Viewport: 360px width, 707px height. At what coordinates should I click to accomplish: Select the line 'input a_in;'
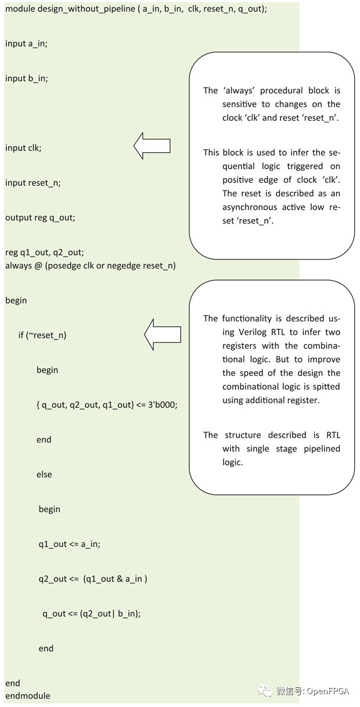tap(26, 44)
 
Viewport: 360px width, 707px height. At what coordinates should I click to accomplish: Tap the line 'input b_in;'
tap(26, 78)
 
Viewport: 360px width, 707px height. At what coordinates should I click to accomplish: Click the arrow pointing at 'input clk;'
tap(152, 145)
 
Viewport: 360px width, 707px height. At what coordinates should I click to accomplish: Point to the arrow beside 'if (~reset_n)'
tap(162, 334)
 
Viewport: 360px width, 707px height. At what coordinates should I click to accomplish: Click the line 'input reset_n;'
tap(33, 183)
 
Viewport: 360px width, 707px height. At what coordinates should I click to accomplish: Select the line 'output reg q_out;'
tap(40, 218)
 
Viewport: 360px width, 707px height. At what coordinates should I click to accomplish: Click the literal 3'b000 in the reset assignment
tap(161, 405)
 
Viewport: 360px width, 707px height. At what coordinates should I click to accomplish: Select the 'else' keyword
tap(44, 475)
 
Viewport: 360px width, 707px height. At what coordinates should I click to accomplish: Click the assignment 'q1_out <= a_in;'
tap(70, 544)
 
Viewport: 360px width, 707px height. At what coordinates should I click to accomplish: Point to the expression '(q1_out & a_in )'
tap(115, 579)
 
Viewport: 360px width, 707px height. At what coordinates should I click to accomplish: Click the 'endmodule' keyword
tap(28, 696)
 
